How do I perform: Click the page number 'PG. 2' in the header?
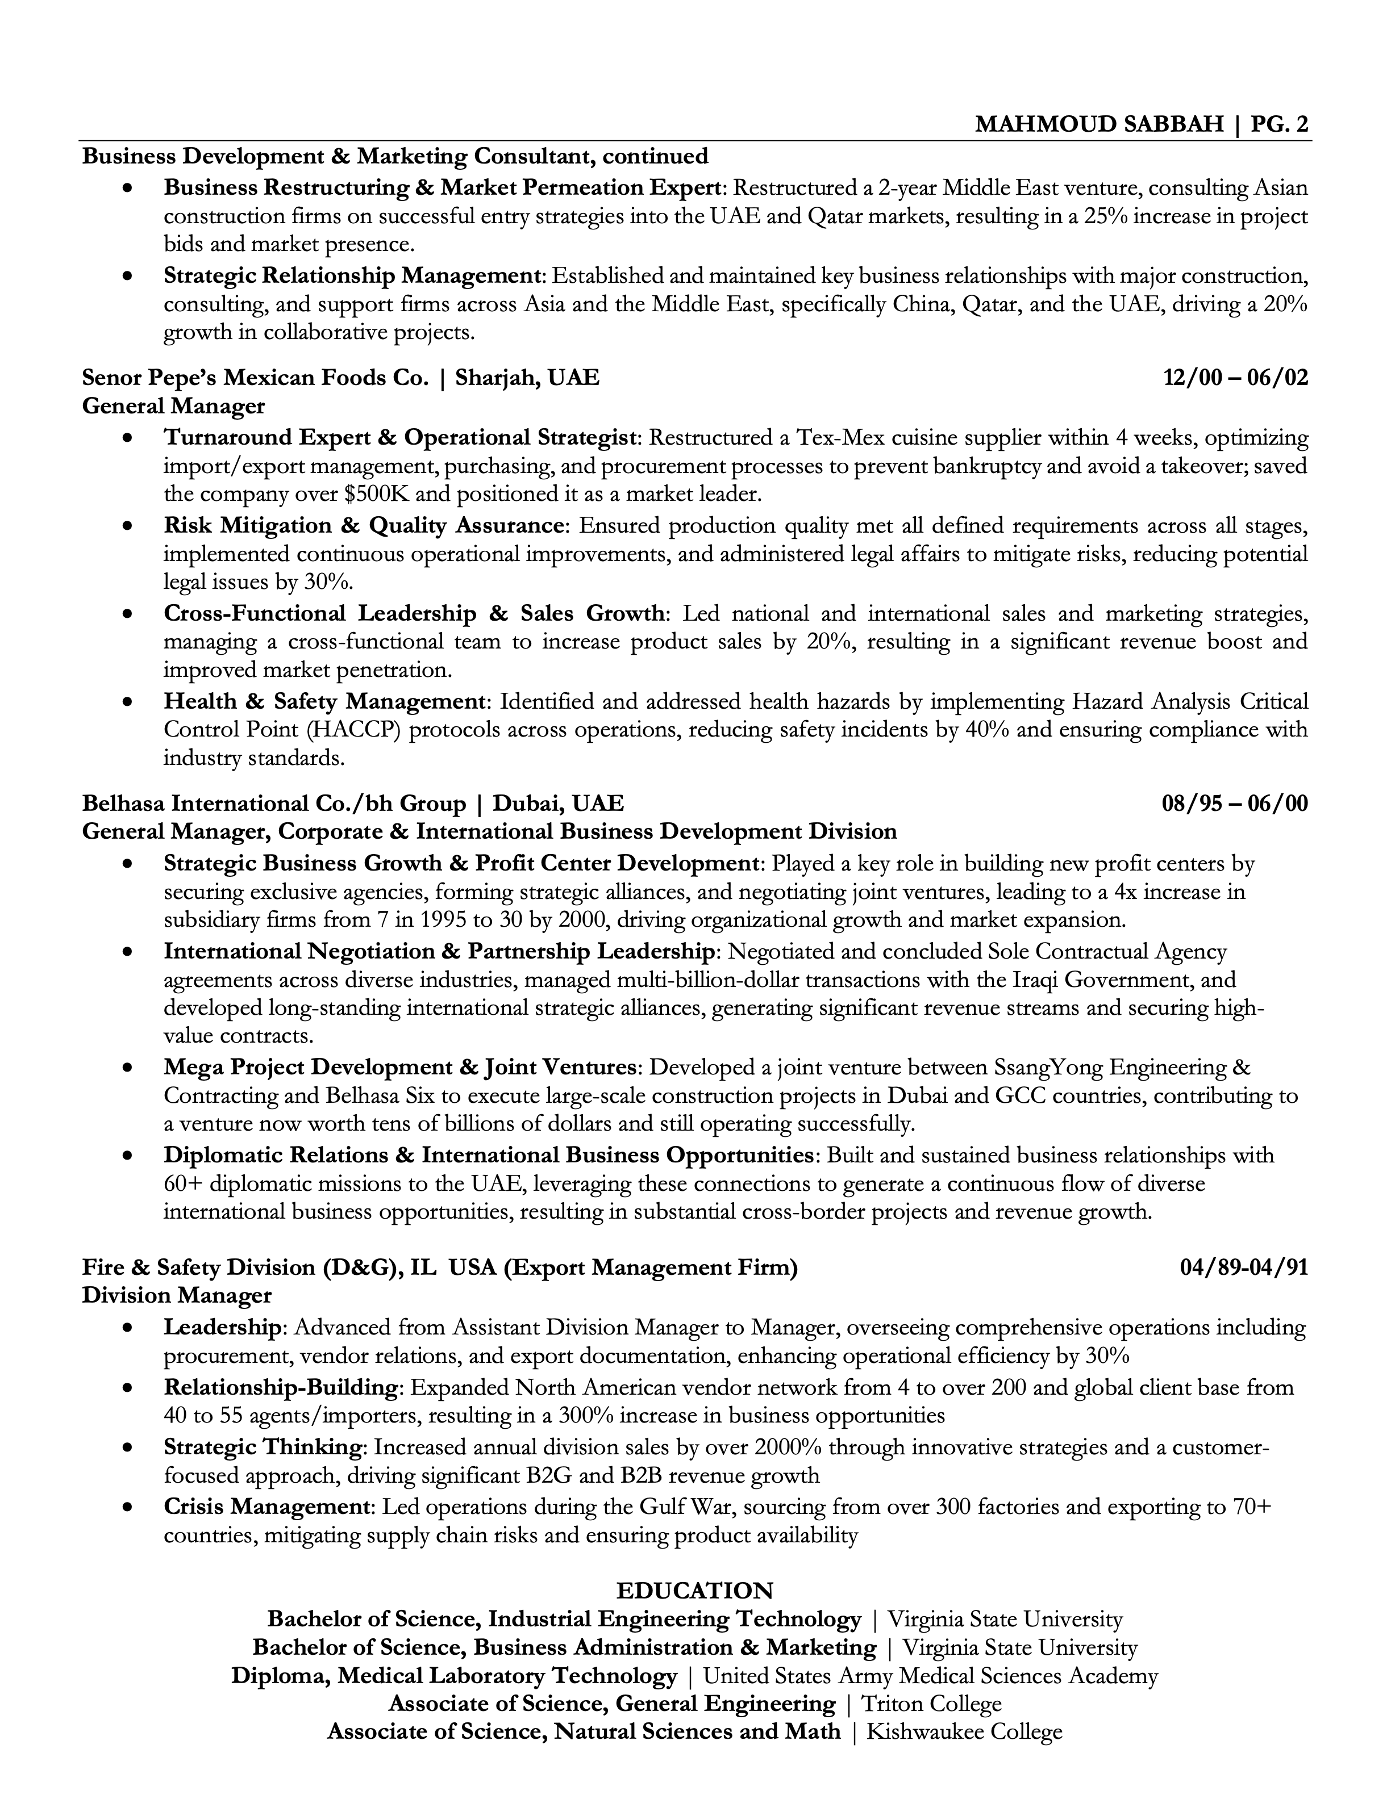click(x=1279, y=124)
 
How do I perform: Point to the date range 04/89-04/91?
click(x=1243, y=1267)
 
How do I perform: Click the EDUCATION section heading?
click(x=695, y=1590)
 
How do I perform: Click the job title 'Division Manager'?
click(x=176, y=1296)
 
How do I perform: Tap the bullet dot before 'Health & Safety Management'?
click(x=126, y=702)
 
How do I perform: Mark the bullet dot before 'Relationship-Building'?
click(x=126, y=1388)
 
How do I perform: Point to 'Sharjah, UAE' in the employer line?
click(x=527, y=378)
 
